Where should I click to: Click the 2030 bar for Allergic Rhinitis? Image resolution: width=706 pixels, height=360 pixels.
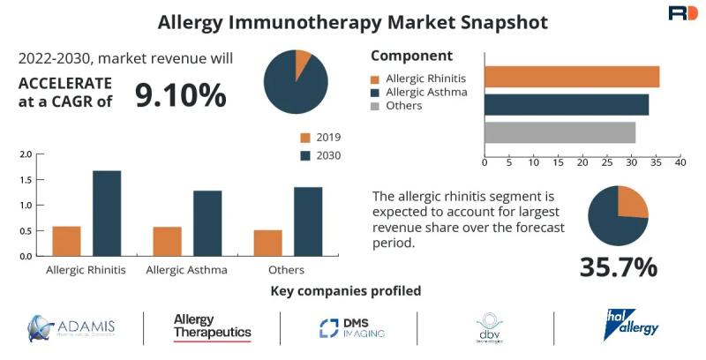(x=107, y=213)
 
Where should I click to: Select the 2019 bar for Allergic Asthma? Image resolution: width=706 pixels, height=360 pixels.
(x=167, y=241)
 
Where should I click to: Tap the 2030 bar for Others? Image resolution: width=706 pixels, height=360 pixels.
(x=308, y=221)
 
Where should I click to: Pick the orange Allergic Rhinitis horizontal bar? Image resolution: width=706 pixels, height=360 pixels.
(x=572, y=77)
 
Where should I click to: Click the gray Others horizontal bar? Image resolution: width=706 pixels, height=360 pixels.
(x=560, y=132)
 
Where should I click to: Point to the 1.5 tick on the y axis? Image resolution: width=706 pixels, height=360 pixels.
(x=26, y=180)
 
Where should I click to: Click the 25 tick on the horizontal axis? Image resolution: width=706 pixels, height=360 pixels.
(x=606, y=162)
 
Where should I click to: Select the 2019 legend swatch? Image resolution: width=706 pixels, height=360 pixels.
(x=305, y=138)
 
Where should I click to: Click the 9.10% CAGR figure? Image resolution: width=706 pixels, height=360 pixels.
(x=180, y=95)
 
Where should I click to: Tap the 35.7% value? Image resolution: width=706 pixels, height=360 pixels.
(x=618, y=266)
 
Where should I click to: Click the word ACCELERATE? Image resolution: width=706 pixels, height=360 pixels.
(x=65, y=83)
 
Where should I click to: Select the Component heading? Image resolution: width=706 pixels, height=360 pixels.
(x=411, y=56)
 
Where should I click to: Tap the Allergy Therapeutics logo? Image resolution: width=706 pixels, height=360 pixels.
(x=212, y=327)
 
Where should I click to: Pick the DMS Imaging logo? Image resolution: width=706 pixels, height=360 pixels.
(x=352, y=328)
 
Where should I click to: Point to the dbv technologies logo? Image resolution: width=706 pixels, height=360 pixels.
(x=489, y=329)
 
